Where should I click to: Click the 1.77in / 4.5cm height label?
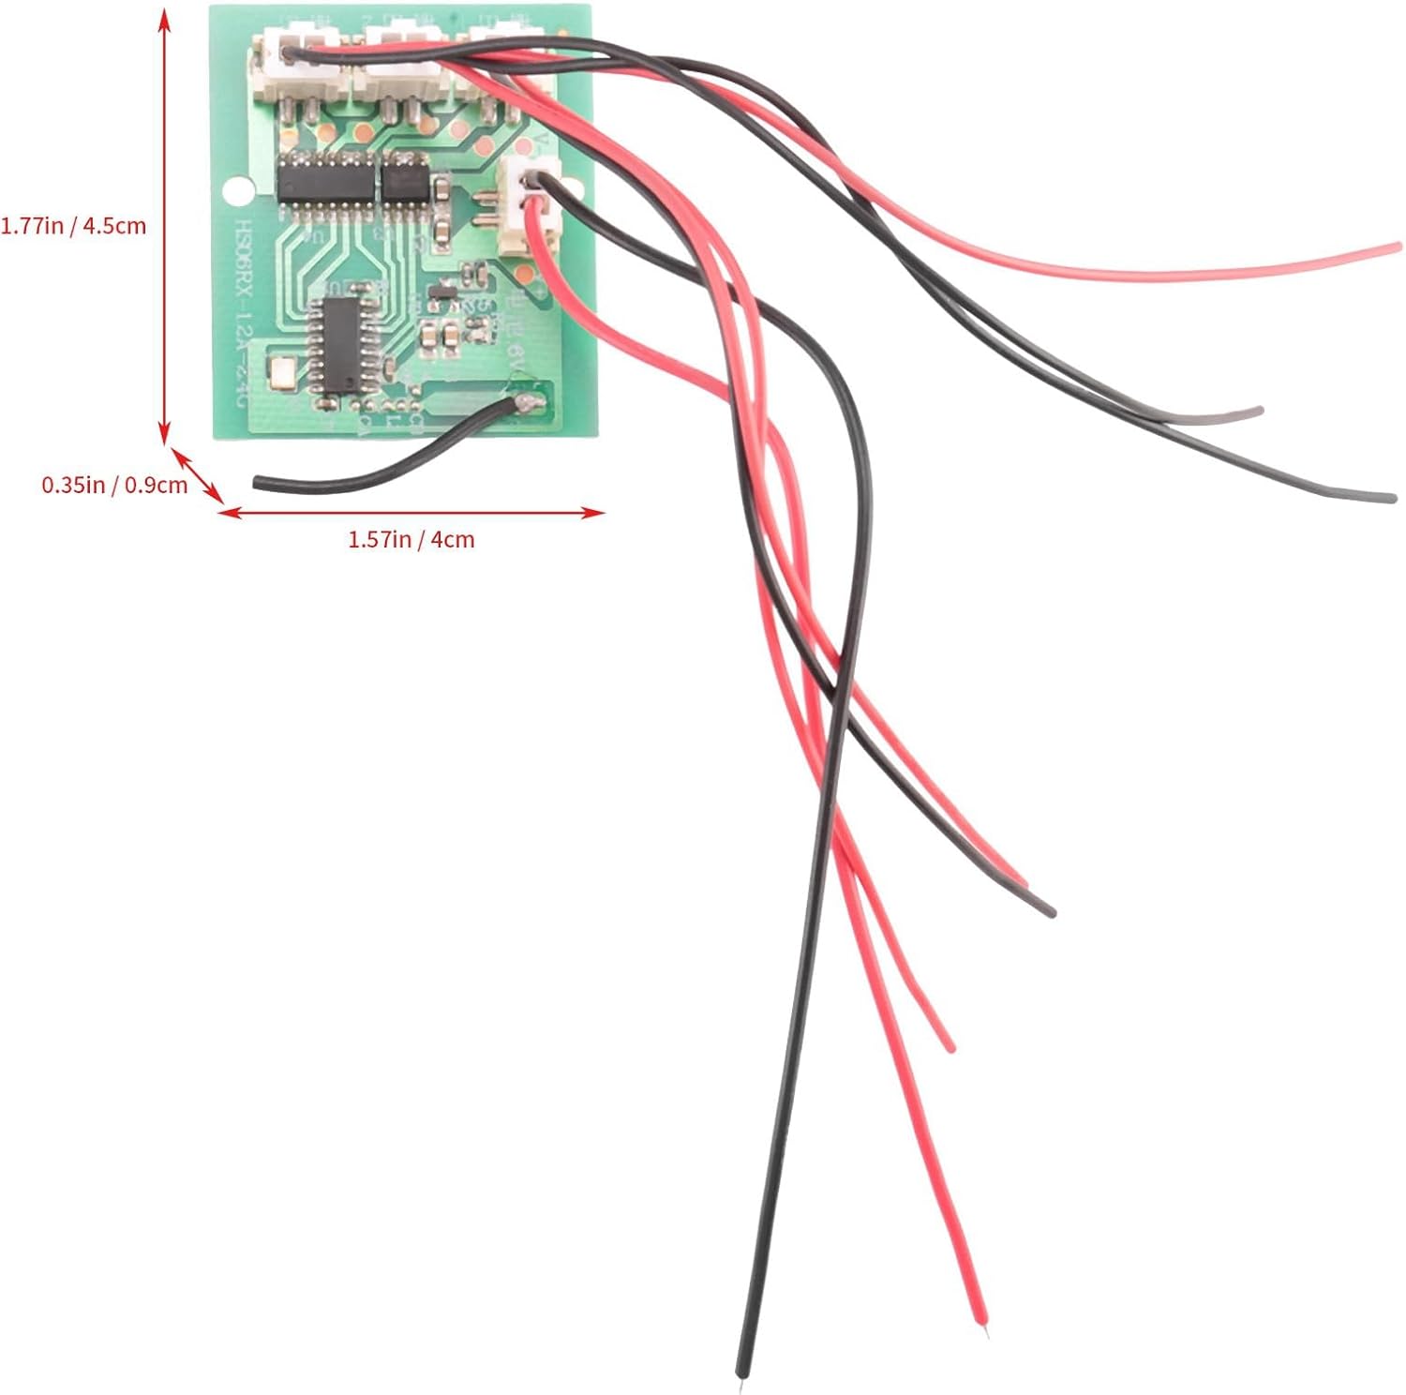click(73, 226)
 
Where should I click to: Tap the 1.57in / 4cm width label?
click(411, 540)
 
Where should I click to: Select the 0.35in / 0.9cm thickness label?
click(113, 485)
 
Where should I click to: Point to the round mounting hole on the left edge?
click(240, 191)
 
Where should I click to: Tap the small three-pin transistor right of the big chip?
click(439, 295)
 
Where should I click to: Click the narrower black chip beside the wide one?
click(404, 178)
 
